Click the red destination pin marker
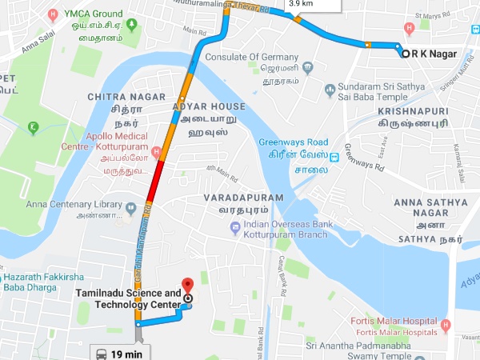pos(188,286)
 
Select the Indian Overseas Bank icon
pos(235,228)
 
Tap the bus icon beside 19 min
pos(102,353)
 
